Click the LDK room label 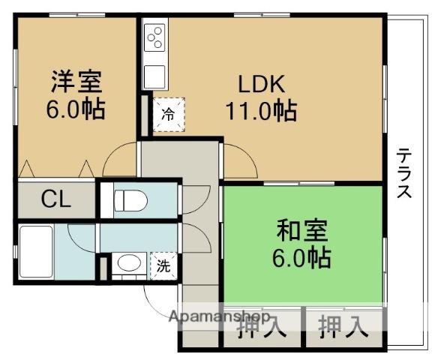(262, 84)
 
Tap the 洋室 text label (76, 81)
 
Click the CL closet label (55, 199)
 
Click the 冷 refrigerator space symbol (169, 114)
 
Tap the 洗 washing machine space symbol (163, 265)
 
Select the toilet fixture (130, 200)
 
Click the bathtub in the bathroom (36, 252)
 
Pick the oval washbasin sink (129, 263)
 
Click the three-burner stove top (154, 37)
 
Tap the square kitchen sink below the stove (154, 76)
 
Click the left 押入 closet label (262, 326)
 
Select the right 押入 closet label (343, 326)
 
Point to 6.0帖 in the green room (301, 257)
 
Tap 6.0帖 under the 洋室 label (76, 109)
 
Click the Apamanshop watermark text (220, 316)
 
